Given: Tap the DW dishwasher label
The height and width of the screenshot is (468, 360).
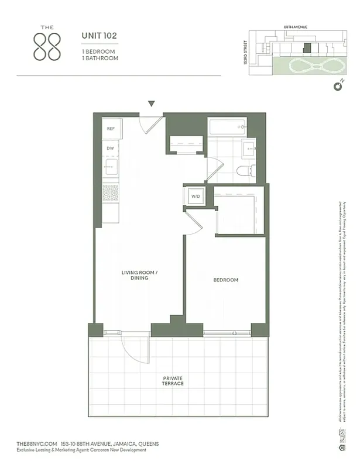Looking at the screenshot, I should [x=110, y=149].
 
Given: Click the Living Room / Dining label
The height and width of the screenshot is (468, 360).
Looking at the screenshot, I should [x=139, y=275].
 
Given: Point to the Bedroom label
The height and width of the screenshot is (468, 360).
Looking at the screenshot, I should [x=225, y=280].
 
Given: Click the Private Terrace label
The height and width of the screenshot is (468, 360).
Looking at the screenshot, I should [x=173, y=381].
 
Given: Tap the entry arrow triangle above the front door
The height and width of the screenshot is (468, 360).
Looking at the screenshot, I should [x=152, y=104].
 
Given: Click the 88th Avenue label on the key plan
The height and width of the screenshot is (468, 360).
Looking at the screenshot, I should [x=296, y=27].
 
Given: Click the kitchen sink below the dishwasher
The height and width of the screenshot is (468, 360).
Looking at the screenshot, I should [x=110, y=168].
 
